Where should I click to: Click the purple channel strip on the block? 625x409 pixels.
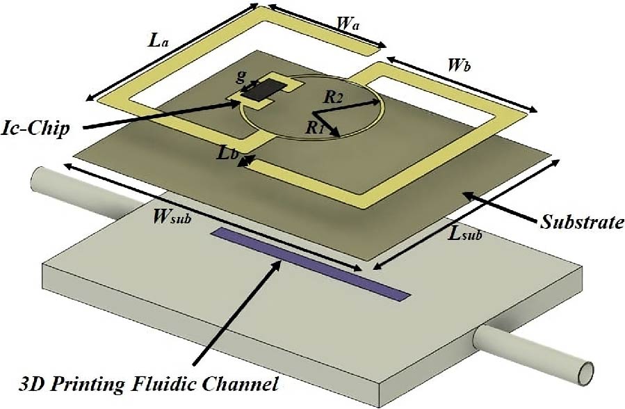click(309, 264)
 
